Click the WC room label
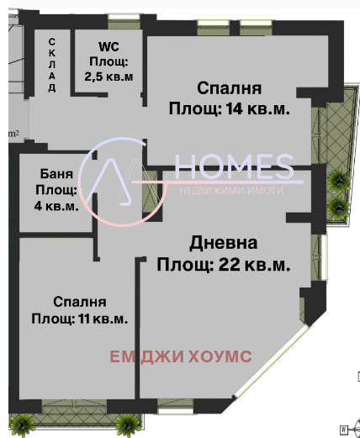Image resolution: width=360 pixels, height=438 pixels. pyautogui.click(x=109, y=46)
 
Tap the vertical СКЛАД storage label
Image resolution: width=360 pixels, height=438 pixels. pyautogui.click(x=52, y=66)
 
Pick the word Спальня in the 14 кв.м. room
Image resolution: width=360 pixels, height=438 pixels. pyautogui.click(x=229, y=88)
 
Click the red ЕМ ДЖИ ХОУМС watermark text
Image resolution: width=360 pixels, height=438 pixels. pyautogui.click(x=181, y=356)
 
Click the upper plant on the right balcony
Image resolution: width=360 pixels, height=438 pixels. pyautogui.click(x=338, y=179)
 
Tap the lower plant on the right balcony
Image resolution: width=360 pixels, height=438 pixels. pyautogui.click(x=338, y=205)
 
